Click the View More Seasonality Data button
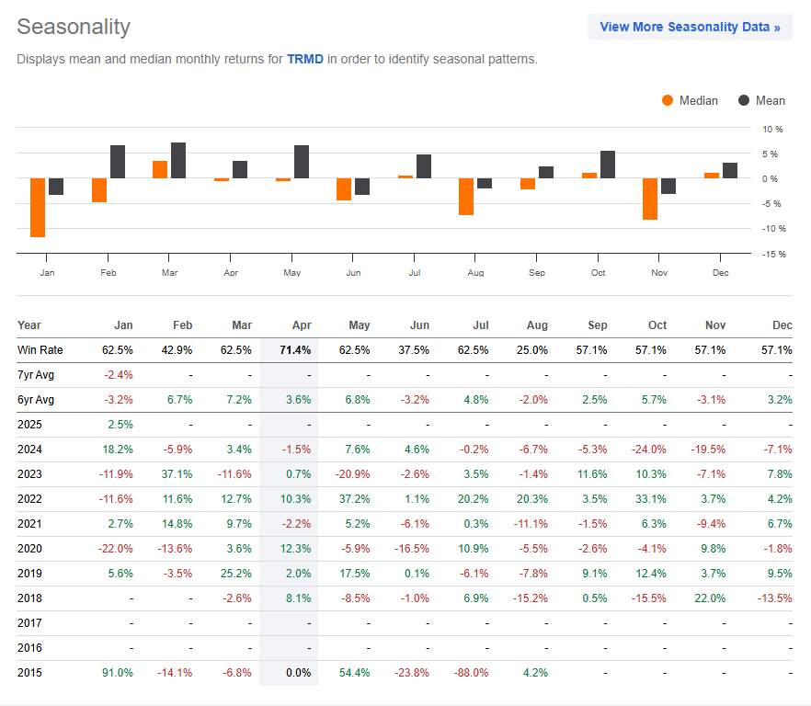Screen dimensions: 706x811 [690, 27]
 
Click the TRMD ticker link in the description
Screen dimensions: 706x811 [304, 59]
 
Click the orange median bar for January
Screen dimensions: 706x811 [38, 208]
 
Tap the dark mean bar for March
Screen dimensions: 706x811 [178, 161]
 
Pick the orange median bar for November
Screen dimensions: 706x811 [650, 199]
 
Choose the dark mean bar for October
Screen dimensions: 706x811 [608, 165]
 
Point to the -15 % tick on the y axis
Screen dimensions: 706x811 [774, 254]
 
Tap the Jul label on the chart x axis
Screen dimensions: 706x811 [414, 273]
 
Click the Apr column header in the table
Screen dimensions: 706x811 [302, 325]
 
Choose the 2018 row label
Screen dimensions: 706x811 [29, 598]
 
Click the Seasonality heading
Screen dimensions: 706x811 [74, 27]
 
